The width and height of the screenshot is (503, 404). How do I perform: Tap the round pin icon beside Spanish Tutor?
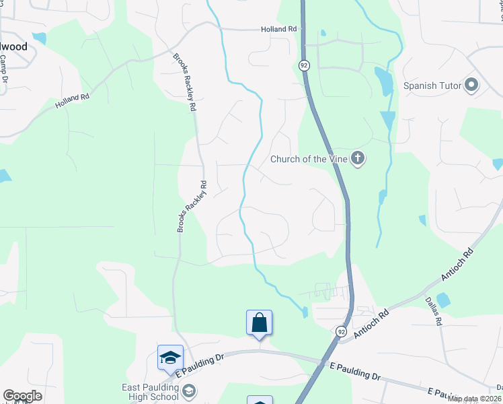(x=471, y=86)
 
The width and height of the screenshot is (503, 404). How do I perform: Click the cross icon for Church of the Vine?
(x=358, y=159)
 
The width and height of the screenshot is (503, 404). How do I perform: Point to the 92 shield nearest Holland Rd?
(x=304, y=65)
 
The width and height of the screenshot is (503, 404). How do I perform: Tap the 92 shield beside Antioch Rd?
(x=341, y=332)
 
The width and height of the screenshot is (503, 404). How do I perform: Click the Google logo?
(x=22, y=396)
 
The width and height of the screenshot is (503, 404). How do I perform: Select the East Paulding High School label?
(x=150, y=391)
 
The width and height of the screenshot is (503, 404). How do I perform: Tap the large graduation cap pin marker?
(x=170, y=358)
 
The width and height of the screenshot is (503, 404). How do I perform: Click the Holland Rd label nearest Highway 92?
(x=279, y=30)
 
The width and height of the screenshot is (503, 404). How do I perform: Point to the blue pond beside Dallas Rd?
(x=443, y=300)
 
